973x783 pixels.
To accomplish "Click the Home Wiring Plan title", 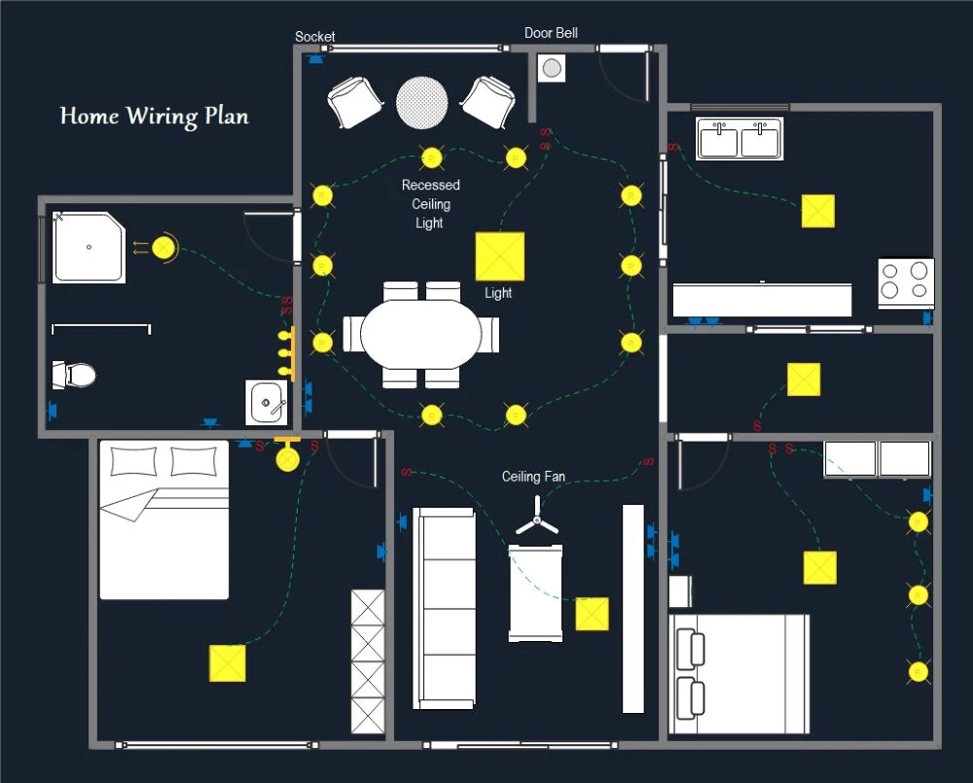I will pyautogui.click(x=154, y=116).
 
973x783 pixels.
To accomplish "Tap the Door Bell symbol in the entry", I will pyautogui.click(x=552, y=68).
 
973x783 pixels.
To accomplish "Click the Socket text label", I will pyautogui.click(x=315, y=37).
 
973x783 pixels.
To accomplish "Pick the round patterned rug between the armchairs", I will pyautogui.click(x=422, y=101).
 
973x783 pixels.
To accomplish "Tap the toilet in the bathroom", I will pyautogui.click(x=75, y=374).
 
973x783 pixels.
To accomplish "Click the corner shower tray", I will pyautogui.click(x=89, y=248).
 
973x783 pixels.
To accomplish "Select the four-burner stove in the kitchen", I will pyautogui.click(x=906, y=282).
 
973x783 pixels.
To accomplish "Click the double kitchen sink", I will pyautogui.click(x=740, y=139).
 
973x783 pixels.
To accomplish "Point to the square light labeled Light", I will pyautogui.click(x=499, y=256).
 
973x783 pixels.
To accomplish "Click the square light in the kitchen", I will pyautogui.click(x=817, y=211).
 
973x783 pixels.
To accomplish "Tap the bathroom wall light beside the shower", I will pyautogui.click(x=164, y=249).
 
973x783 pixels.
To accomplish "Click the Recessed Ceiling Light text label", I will pyautogui.click(x=430, y=203).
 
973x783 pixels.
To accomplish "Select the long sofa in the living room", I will pyautogui.click(x=445, y=607).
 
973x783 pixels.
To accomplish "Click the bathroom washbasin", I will pyautogui.click(x=266, y=402).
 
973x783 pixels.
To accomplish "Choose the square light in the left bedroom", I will pyautogui.click(x=227, y=662).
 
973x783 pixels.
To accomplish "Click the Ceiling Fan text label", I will pyautogui.click(x=533, y=477).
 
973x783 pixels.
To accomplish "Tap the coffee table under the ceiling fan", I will pyautogui.click(x=535, y=592).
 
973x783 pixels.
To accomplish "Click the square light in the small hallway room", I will pyautogui.click(x=803, y=379).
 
